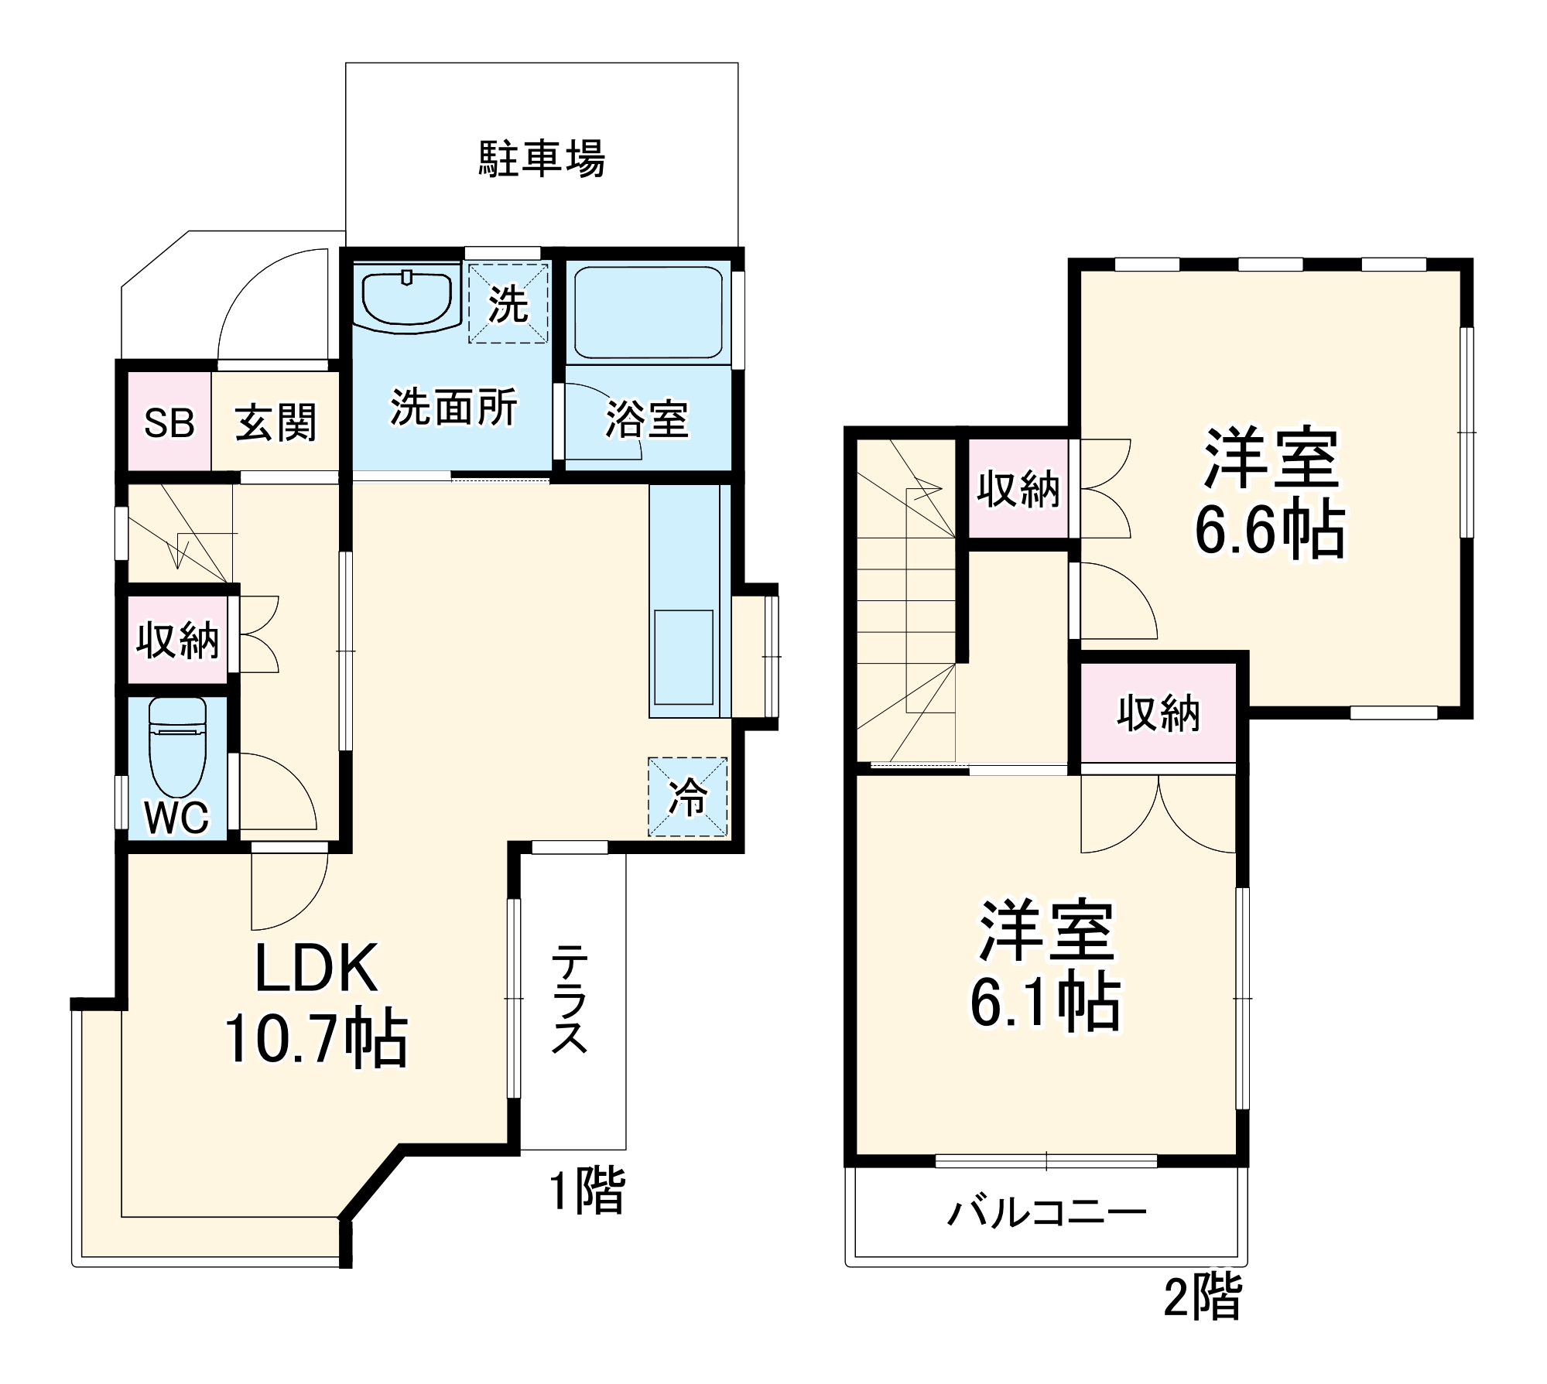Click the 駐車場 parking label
coord(541,159)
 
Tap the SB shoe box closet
coord(169,422)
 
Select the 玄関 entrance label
coord(276,423)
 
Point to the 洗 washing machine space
coord(508,303)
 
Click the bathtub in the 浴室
coord(649,313)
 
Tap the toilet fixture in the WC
coord(177,747)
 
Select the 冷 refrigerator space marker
coord(687,796)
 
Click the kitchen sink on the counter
coord(683,657)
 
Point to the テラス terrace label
coord(570,998)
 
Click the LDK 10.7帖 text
coord(316,1004)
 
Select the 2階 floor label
coord(1203,1296)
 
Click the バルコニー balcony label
coord(1046,1212)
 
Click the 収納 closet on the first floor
coord(177,640)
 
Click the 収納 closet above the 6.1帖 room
coord(1158,713)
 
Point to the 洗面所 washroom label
coord(453,406)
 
